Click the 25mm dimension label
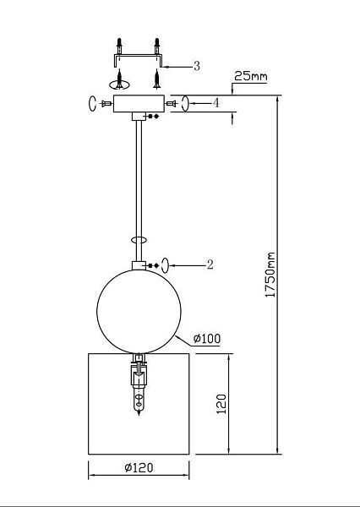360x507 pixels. pyautogui.click(x=251, y=76)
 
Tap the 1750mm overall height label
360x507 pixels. pyautogui.click(x=270, y=275)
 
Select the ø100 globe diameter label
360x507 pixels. pyautogui.click(x=207, y=339)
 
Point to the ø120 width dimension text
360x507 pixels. pyautogui.click(x=139, y=467)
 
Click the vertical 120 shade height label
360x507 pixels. pyautogui.click(x=221, y=404)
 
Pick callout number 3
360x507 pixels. pyautogui.click(x=197, y=66)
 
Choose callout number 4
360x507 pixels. pyautogui.click(x=215, y=103)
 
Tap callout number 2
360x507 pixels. pyautogui.click(x=210, y=264)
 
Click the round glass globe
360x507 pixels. pyautogui.click(x=139, y=311)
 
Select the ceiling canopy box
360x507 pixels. pyautogui.click(x=139, y=103)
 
